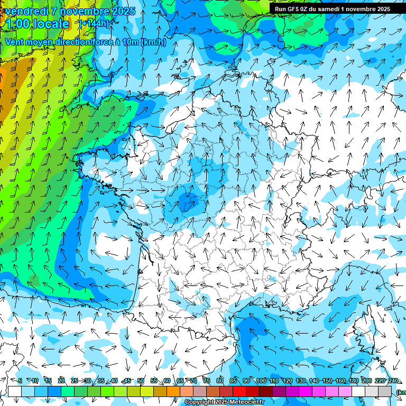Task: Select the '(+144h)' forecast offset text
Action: (95, 24)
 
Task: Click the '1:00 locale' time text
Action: (37, 24)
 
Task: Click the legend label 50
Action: (141, 381)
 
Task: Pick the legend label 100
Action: (261, 381)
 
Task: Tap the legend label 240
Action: (393, 381)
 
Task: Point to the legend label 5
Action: (20, 381)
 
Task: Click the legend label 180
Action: (353, 381)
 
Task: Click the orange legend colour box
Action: (173, 391)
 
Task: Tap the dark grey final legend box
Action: (385, 391)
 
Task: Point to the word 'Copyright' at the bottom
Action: (199, 402)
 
